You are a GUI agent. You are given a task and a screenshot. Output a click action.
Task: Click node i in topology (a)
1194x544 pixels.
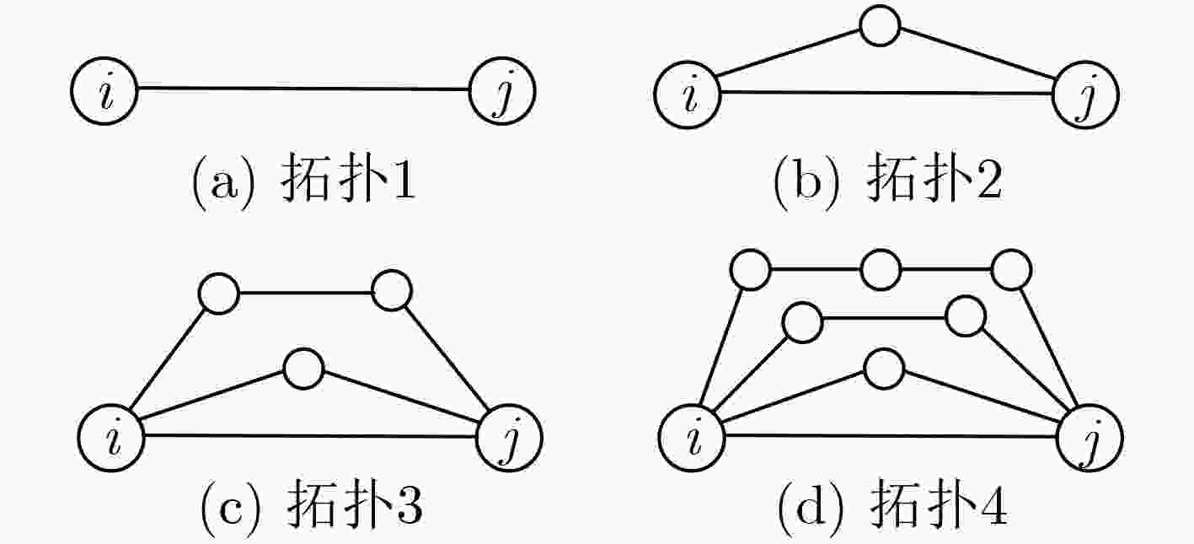point(104,91)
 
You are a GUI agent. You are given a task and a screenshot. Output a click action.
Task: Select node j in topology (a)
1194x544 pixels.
point(502,91)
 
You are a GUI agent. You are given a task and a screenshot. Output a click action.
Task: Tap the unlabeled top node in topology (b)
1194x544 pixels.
point(880,25)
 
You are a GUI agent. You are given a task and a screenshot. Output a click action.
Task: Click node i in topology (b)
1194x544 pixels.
point(688,95)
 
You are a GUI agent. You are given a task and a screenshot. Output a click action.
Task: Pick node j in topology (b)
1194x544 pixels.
point(1085,95)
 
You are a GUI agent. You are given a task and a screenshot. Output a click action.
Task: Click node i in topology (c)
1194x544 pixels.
point(111,438)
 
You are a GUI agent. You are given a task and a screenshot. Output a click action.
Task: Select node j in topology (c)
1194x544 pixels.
point(509,438)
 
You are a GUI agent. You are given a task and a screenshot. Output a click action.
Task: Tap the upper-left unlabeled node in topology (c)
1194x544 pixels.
point(218,294)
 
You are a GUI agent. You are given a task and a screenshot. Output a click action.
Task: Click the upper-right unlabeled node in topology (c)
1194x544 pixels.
point(391,291)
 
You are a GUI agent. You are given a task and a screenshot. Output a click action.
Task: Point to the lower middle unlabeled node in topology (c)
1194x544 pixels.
point(303,369)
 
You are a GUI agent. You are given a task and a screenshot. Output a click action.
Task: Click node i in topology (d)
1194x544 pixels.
point(692,438)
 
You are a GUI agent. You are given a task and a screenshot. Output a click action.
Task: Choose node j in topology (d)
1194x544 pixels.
point(1090,438)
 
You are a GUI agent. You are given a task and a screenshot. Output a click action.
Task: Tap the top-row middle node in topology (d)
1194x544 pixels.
point(881,270)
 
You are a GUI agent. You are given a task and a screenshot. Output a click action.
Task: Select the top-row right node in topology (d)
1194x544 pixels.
point(1012,270)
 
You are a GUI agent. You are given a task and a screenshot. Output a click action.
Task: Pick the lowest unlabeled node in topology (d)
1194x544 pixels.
point(883,369)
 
